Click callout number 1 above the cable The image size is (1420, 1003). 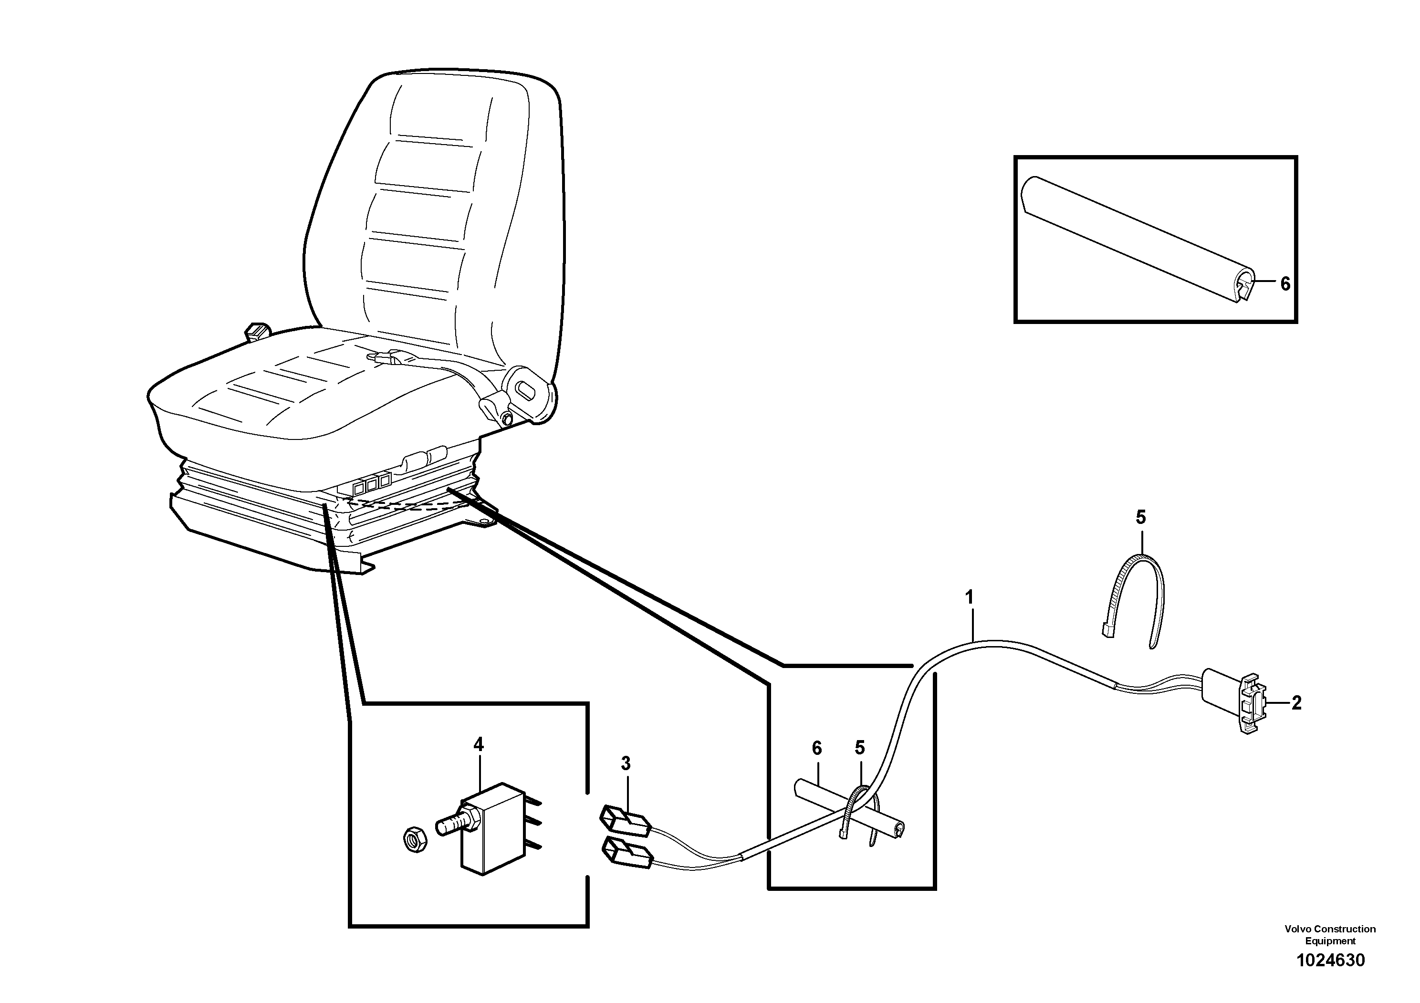pyautogui.click(x=969, y=597)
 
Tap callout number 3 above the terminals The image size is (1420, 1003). pyautogui.click(x=626, y=763)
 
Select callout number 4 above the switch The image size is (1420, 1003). pyautogui.click(x=478, y=744)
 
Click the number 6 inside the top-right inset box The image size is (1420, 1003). pyautogui.click(x=1285, y=284)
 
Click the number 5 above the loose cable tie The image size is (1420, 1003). pyautogui.click(x=1141, y=517)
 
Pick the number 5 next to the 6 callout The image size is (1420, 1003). pyautogui.click(x=860, y=748)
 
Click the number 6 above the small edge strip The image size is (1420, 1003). pyautogui.click(x=817, y=748)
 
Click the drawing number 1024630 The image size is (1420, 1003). pyautogui.click(x=1330, y=961)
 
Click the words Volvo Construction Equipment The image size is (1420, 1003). pyautogui.click(x=1330, y=934)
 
